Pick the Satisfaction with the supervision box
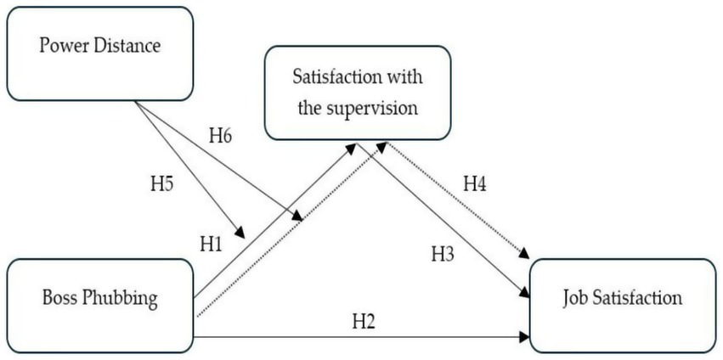[x=358, y=93]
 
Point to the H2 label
[x=364, y=322]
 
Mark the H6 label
[x=222, y=137]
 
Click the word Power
[x=60, y=45]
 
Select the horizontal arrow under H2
[x=357, y=337]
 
